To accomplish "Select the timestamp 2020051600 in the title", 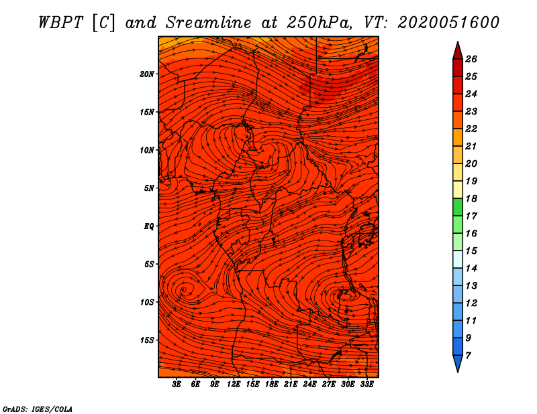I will coord(448,22).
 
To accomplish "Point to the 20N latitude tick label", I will coord(147,74).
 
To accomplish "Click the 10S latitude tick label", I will coord(147,302).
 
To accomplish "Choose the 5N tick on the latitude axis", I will coord(149,188).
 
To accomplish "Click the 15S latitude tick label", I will coord(147,340).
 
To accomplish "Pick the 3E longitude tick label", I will coord(177,385).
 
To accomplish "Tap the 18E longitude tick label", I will coord(272,385).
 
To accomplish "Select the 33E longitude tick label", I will coord(367,385).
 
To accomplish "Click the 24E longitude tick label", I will coord(310,385).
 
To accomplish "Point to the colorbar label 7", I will coord(468,355).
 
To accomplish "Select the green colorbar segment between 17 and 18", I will coord(457,207).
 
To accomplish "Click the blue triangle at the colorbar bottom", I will coord(457,364).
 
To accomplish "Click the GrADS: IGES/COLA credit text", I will coord(38,408).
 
